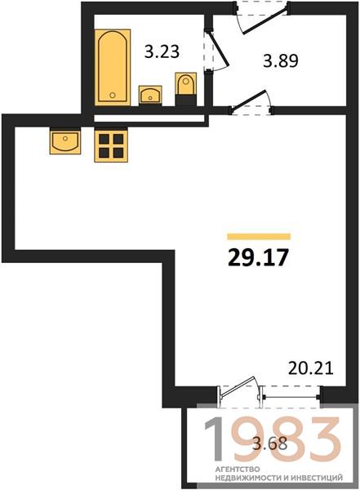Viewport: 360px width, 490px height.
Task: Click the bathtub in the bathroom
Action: coord(113,67)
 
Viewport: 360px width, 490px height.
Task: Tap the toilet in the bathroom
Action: coord(186,84)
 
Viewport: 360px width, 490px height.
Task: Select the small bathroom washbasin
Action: coord(150,95)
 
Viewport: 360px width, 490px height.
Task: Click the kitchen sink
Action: coord(65,142)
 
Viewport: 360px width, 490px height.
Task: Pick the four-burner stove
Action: coord(111,146)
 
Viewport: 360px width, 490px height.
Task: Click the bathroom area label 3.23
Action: coord(162,51)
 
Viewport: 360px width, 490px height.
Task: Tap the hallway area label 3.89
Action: coord(281,60)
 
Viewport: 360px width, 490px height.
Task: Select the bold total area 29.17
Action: coord(258,258)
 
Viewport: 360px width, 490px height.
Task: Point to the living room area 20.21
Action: coord(311,368)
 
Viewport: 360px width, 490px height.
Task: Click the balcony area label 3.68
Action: coord(269,443)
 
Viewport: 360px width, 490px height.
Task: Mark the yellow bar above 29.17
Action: coord(259,237)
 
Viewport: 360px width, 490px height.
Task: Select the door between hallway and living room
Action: coord(249,100)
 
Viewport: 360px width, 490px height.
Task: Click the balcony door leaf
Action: coord(238,387)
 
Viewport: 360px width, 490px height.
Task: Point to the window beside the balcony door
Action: coord(291,397)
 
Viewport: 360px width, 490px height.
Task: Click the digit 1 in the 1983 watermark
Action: coord(215,439)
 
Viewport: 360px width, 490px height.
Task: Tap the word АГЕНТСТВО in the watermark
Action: coord(238,469)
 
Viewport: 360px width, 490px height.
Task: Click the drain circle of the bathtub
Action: coord(113,95)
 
